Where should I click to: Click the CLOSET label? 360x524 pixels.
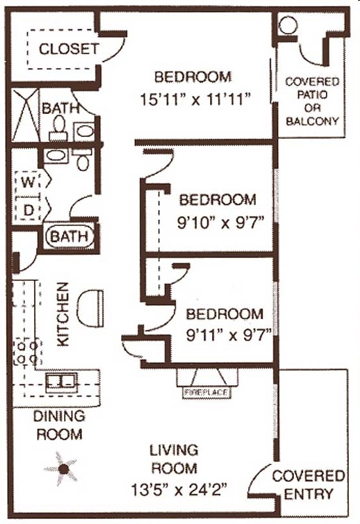point(69,48)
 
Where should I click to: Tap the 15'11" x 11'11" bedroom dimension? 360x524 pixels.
point(196,100)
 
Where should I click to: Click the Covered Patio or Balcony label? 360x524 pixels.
point(312,102)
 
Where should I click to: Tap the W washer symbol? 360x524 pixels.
point(27,182)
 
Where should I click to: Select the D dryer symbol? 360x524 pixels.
point(27,210)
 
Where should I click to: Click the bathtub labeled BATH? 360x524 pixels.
point(69,236)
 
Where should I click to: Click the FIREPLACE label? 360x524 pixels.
point(207,392)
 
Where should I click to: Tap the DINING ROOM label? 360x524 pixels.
point(60,424)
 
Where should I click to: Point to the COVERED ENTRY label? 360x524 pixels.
point(308,484)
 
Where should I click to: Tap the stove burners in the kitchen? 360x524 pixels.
point(27,352)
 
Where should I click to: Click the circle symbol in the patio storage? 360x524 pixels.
point(288,26)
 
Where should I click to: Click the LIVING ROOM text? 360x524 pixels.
point(173,459)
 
